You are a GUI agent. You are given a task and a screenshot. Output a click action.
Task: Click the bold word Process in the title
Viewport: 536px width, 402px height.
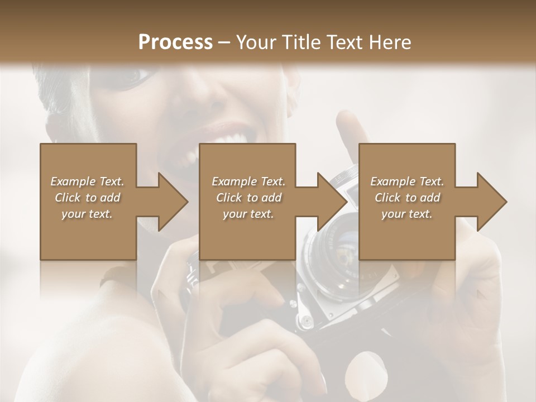point(175,42)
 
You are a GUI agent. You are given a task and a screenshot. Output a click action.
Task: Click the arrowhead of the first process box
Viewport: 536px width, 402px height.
point(173,202)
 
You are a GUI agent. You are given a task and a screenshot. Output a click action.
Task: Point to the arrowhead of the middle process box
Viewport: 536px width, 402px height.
point(333,202)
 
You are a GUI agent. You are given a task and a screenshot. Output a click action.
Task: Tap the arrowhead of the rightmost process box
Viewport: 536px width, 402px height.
point(492,202)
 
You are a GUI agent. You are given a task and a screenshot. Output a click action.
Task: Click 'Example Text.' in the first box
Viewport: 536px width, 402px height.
point(87,181)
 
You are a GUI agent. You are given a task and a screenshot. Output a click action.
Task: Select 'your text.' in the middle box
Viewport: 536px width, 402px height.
point(248,214)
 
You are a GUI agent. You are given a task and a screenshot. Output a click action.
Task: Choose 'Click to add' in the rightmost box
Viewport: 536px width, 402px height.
point(407,198)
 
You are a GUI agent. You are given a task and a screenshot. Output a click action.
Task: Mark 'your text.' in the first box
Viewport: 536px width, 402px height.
point(87,214)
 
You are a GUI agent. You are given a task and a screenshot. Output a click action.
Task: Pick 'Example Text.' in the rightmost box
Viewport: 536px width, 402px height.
point(407,181)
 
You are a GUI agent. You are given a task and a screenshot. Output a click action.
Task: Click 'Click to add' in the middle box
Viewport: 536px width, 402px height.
point(248,198)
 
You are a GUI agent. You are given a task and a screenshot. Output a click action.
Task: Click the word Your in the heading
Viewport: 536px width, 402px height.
point(255,42)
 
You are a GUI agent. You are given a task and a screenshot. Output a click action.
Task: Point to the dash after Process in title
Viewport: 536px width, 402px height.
point(225,42)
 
